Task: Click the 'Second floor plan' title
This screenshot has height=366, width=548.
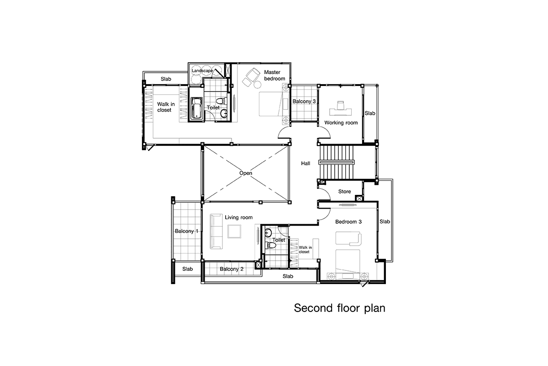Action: pos(340,308)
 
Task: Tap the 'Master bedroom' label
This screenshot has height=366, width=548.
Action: pos(274,75)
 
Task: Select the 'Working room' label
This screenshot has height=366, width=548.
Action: pos(341,123)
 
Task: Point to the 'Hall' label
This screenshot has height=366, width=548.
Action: pos(306,163)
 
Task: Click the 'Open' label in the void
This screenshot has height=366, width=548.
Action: pos(246,173)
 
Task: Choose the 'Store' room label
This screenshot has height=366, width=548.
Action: pos(344,191)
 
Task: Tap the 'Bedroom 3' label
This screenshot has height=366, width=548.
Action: pos(348,221)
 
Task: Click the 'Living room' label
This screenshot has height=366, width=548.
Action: pos(238,217)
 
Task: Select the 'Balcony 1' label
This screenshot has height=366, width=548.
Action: pos(186,231)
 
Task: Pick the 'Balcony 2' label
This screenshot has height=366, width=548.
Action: pos(232,269)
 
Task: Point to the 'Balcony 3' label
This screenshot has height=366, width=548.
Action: pos(304,101)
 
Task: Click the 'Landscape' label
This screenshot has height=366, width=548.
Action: pos(202,70)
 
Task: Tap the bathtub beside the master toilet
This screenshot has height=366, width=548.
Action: pos(197,108)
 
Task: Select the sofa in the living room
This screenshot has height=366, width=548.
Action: pos(216,231)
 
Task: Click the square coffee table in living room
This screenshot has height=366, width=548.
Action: pos(234,231)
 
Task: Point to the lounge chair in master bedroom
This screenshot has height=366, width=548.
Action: pos(253,74)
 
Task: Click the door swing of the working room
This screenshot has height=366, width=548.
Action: pos(324,133)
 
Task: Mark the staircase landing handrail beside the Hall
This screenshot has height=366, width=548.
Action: pos(337,162)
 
